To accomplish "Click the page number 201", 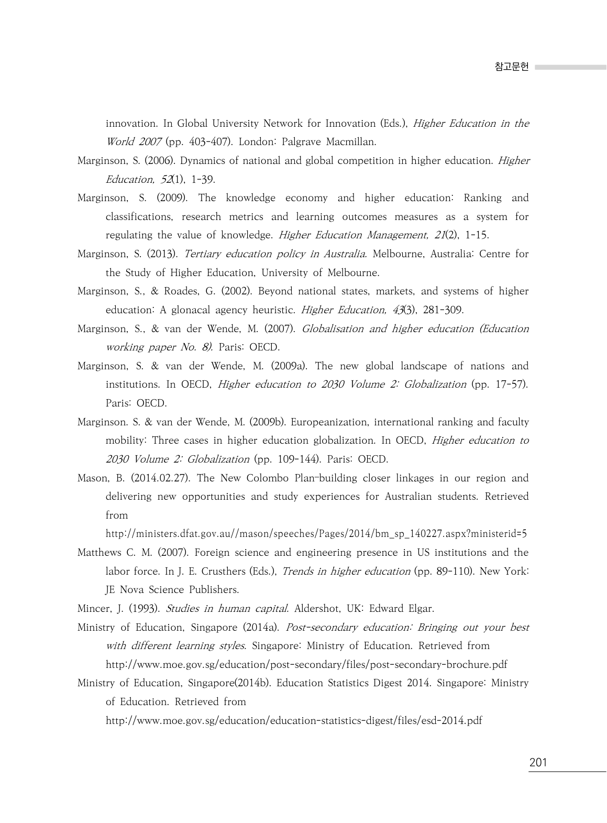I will [538, 762].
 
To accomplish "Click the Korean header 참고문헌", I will [511, 67].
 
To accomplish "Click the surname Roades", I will [181, 291].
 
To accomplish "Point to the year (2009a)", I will [289, 366].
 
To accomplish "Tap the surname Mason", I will [92, 478].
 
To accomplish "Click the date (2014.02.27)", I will [160, 478].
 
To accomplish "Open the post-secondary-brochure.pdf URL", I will [306, 665].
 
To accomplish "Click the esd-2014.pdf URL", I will [294, 721].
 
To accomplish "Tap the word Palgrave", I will [301, 142].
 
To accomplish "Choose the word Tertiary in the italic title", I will [203, 254].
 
